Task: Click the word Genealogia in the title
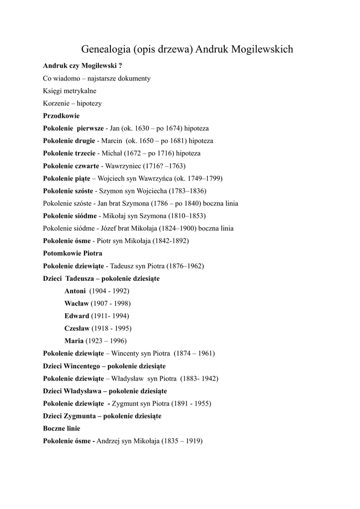105,49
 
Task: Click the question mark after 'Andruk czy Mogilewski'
120,65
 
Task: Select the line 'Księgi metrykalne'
70,91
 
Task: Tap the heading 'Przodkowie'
61,116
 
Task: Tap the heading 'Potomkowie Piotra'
73,254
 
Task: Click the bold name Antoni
75,291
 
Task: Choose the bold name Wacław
77,303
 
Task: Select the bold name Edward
77,316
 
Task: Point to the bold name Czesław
77,329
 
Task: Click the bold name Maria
74,341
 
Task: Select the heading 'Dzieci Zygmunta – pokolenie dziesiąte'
102,416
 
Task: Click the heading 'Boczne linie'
62,428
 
